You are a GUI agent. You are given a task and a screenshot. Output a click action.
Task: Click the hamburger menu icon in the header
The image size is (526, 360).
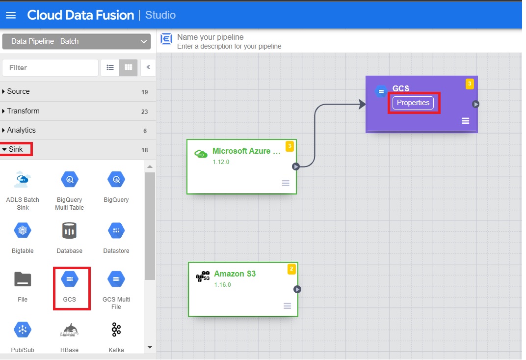[11, 15]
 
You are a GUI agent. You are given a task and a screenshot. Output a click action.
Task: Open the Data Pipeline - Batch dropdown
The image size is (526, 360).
[76, 41]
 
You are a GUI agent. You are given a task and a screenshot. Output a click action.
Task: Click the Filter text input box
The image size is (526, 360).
[50, 68]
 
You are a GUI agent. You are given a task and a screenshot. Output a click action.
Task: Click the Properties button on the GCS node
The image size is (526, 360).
[413, 103]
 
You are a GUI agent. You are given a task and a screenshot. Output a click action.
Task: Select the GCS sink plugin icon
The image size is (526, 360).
[70, 279]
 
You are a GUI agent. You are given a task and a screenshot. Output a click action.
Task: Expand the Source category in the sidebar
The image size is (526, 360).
[18, 91]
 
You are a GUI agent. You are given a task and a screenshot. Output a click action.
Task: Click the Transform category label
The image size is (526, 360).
[23, 111]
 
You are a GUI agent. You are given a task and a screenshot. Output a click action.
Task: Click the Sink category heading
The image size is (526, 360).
[16, 149]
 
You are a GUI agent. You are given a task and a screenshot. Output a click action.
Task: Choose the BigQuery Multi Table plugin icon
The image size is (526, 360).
[70, 180]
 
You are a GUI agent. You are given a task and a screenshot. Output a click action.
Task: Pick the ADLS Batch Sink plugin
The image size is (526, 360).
[23, 180]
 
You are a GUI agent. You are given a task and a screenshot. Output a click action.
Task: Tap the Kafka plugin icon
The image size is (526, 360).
[116, 330]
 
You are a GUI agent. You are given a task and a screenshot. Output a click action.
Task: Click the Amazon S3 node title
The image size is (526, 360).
[235, 274]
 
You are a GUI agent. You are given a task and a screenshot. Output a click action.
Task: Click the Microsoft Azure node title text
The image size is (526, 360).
[246, 151]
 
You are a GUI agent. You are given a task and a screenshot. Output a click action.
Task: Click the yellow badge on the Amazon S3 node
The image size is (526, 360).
[291, 269]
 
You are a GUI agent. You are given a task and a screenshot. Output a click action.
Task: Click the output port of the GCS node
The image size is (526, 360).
[475, 104]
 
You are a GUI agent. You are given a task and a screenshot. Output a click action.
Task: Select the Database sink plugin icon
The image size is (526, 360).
[70, 230]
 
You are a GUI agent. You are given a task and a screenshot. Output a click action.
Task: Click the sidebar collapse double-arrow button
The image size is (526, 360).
[148, 68]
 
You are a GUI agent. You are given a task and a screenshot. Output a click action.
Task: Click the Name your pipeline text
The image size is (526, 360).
[210, 37]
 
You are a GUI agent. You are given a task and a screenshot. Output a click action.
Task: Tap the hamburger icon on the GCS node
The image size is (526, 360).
[465, 121]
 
